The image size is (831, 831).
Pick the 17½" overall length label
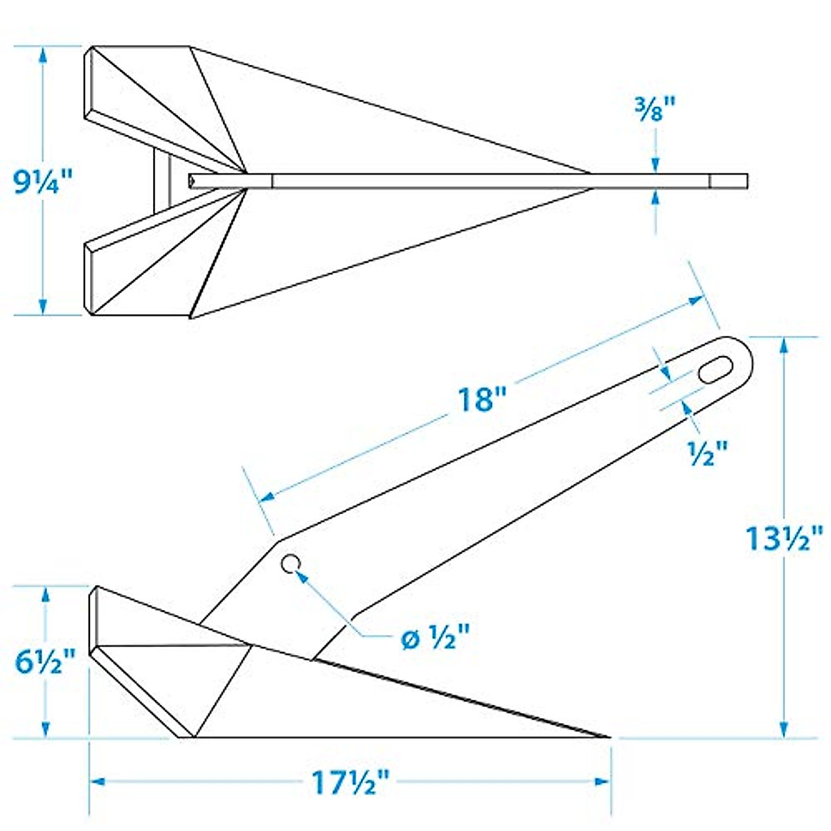click(x=350, y=783)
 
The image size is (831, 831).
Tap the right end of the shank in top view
click(x=745, y=181)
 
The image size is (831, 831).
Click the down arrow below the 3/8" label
click(x=654, y=163)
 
